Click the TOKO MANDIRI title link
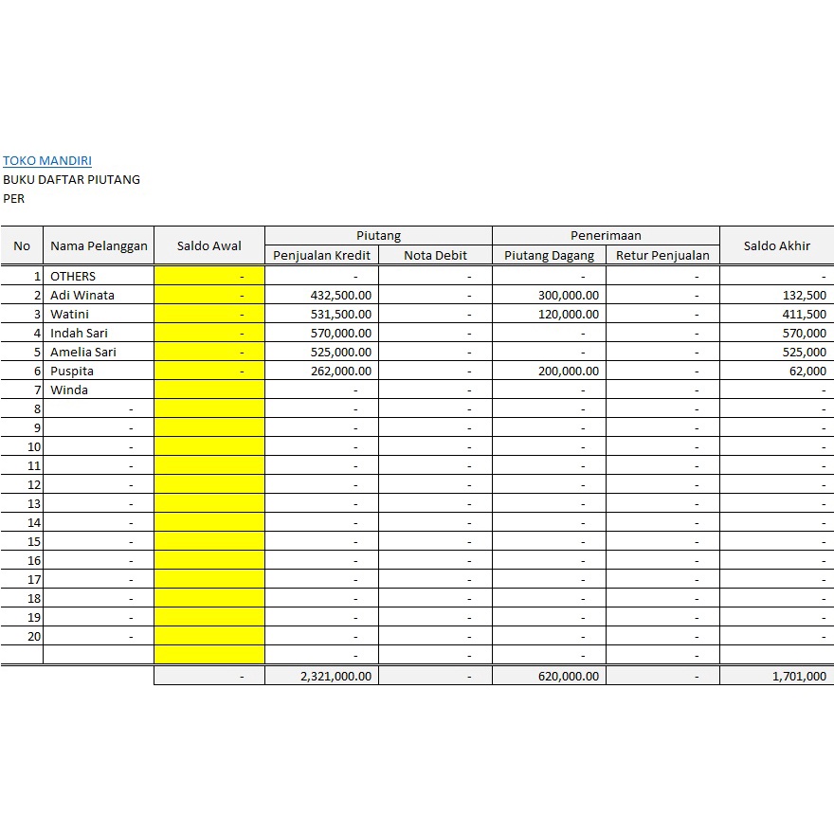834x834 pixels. coord(47,161)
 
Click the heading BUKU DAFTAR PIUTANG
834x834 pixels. coord(71,179)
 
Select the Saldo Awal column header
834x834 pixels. coord(209,245)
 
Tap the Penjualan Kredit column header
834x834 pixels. coord(321,255)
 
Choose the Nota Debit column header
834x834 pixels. coord(435,255)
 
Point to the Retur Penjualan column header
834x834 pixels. coord(662,255)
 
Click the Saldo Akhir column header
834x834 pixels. coord(776,245)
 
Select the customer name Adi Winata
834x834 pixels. coord(82,295)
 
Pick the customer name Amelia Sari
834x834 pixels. coord(83,352)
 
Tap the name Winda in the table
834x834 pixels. coord(69,390)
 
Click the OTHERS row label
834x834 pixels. coord(73,276)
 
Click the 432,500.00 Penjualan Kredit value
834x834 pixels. coord(341,295)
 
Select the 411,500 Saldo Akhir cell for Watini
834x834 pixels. coord(804,314)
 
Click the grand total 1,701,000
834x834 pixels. coord(797,677)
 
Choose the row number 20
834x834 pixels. coord(34,636)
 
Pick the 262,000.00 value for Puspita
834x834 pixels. coord(341,371)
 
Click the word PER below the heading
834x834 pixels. coord(14,198)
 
